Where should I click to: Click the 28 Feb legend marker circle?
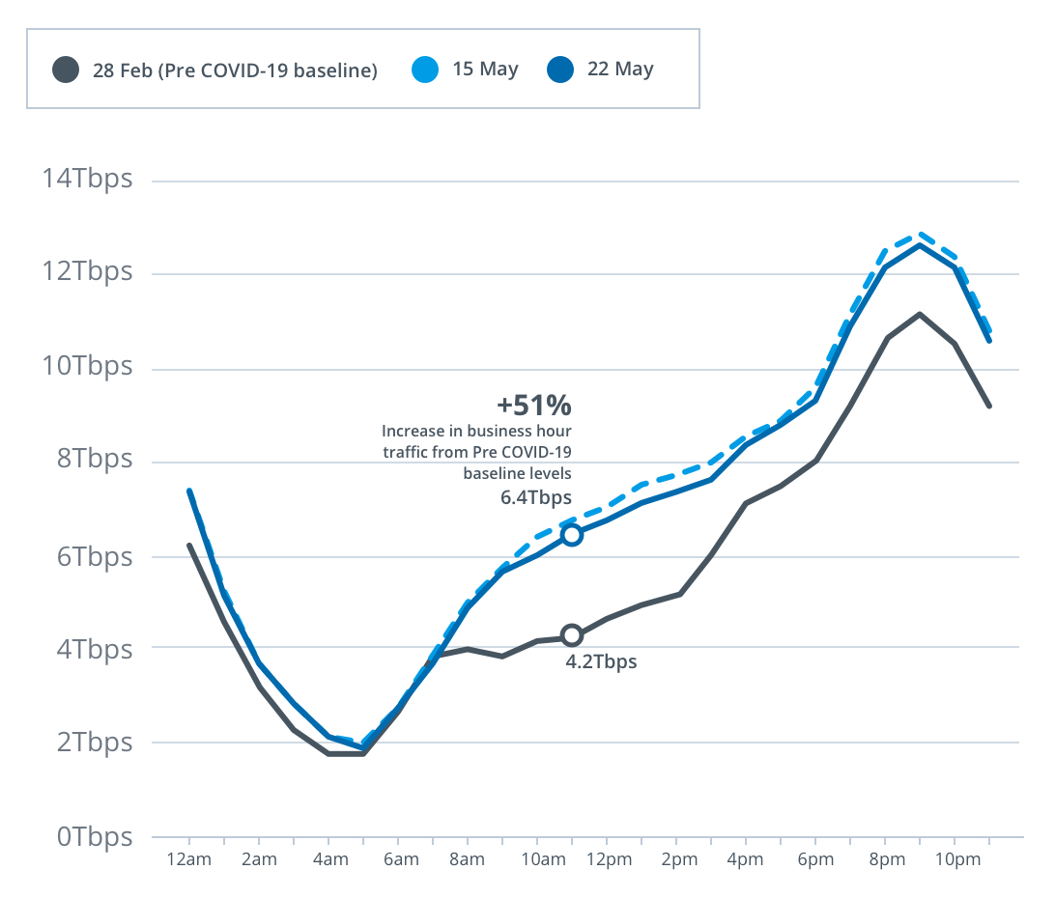pos(66,70)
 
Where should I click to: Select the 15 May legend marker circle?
pos(425,70)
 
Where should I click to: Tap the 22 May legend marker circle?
pos(560,70)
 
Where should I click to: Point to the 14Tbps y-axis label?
pos(86,180)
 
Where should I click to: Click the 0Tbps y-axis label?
pos(93,836)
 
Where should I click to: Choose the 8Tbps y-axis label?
pos(93,459)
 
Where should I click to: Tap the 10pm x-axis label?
pos(954,860)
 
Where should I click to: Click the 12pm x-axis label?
pos(606,860)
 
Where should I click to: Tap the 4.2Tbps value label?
pos(601,662)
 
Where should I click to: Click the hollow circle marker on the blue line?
pos(572,535)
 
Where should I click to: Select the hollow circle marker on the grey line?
pos(572,635)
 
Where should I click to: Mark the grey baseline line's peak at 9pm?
pos(920,314)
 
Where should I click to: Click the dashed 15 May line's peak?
pos(920,234)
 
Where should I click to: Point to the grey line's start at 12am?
pos(189,546)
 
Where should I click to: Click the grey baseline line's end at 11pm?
pos(989,407)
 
